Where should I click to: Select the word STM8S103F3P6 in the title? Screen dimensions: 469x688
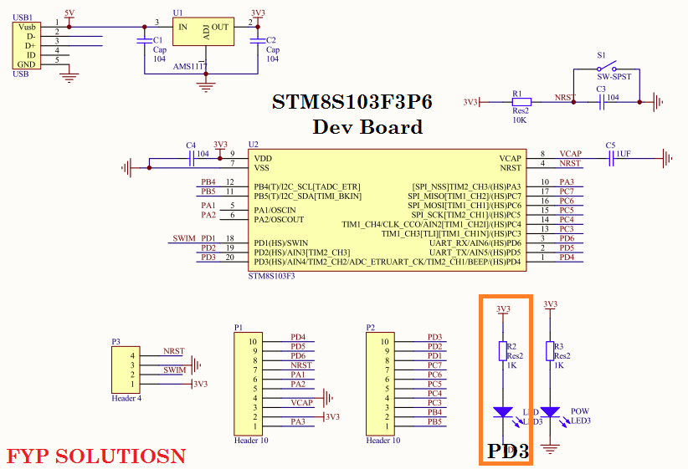pos(352,102)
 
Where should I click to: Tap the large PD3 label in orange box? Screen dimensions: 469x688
pos(508,451)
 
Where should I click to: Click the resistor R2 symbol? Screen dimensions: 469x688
pos(502,351)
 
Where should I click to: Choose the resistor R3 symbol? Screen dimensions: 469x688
pos(550,351)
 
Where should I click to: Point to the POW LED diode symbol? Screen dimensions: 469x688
pos(550,411)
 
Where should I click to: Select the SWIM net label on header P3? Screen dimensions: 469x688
pos(174,370)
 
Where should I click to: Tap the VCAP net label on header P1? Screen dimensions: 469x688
pos(301,402)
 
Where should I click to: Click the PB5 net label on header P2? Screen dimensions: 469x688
pos(434,421)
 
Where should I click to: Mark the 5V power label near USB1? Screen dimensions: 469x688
pos(69,13)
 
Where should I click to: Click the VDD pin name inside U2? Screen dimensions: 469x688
pos(262,157)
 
